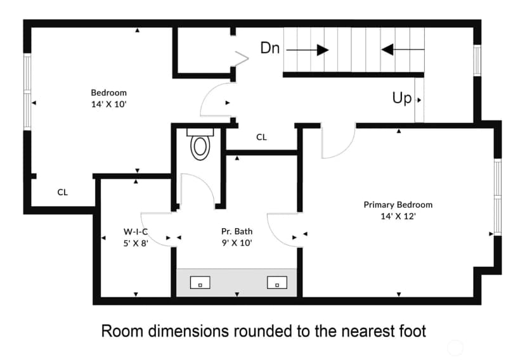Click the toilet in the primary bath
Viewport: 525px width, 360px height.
(x=200, y=145)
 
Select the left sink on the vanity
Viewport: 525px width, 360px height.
(x=200, y=283)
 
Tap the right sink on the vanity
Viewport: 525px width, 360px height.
(x=277, y=283)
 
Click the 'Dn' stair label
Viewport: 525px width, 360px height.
(x=270, y=48)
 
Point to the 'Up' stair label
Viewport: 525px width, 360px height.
(x=402, y=98)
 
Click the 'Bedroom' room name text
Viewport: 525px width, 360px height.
(x=109, y=93)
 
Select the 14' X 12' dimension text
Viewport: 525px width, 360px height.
(x=398, y=216)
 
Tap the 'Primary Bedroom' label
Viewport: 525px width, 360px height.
(x=398, y=205)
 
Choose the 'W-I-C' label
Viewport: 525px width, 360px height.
(x=136, y=231)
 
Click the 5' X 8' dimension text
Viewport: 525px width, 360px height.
(x=136, y=243)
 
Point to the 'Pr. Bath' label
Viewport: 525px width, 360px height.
(x=237, y=231)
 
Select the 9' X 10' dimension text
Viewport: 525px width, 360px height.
(x=237, y=243)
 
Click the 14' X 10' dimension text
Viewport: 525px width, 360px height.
(x=109, y=105)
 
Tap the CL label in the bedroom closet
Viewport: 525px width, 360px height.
(x=63, y=193)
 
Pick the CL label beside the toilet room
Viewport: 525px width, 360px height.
(x=261, y=137)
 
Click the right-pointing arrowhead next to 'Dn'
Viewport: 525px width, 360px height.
(x=323, y=50)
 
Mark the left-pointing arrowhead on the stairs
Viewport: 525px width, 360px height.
(x=387, y=50)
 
